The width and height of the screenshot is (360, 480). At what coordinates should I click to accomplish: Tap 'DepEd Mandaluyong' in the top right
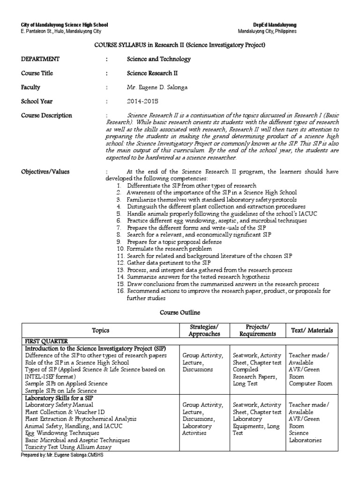(x=277, y=24)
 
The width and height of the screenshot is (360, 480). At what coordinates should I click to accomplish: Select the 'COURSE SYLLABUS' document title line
(x=180, y=45)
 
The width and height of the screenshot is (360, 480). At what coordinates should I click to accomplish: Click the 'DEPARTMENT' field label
(x=40, y=59)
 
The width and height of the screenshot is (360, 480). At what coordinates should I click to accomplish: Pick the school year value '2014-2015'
(x=143, y=101)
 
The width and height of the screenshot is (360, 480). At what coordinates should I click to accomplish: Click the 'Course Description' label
(x=46, y=116)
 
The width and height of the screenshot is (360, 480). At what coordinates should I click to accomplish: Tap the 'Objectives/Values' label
(x=45, y=172)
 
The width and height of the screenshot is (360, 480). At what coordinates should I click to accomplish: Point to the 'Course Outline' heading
(x=180, y=311)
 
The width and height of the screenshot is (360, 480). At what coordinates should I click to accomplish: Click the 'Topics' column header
(x=101, y=330)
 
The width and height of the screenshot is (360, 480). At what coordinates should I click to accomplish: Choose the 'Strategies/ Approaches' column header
(x=203, y=330)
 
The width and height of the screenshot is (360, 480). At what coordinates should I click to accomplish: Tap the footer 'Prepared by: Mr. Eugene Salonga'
(x=62, y=456)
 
